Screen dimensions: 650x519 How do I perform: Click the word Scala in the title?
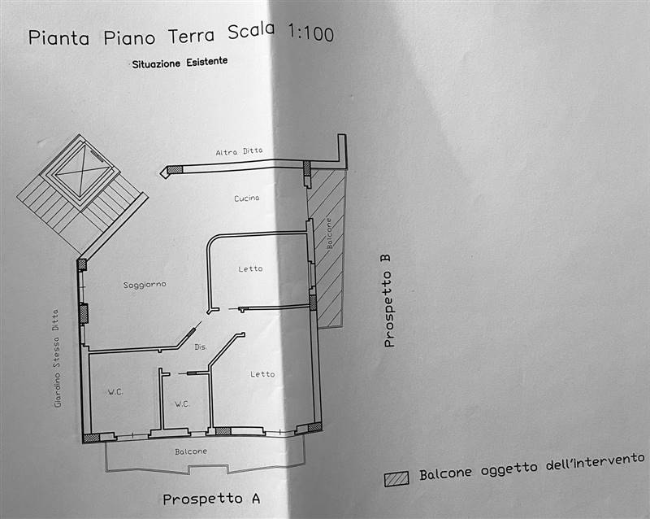coord(251,31)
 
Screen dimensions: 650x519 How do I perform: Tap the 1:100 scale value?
coord(310,33)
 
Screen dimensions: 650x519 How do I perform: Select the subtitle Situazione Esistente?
coord(180,63)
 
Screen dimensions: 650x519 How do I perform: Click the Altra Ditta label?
coord(239,151)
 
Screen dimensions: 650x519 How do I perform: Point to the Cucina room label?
coord(247,198)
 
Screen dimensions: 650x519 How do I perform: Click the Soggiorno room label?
coord(145,285)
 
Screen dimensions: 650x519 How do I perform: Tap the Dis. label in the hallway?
coord(201,347)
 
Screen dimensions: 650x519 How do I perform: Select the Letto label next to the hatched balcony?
coord(250,269)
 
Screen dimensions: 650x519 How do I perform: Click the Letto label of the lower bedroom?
coord(262,374)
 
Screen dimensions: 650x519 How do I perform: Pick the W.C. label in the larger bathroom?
coord(115,392)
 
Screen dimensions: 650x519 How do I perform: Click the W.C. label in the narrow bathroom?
coord(182,404)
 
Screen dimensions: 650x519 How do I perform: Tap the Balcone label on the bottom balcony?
coord(191,451)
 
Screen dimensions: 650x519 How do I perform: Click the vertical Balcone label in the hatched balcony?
coord(330,233)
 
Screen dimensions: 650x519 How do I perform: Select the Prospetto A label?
coord(211,499)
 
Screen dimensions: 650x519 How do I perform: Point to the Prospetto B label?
coord(388,301)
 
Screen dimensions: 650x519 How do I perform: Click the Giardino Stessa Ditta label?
coord(57,358)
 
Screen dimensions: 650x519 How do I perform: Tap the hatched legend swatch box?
coord(396,478)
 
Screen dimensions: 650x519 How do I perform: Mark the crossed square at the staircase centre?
coord(83,171)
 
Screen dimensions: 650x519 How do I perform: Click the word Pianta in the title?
coord(58,37)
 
